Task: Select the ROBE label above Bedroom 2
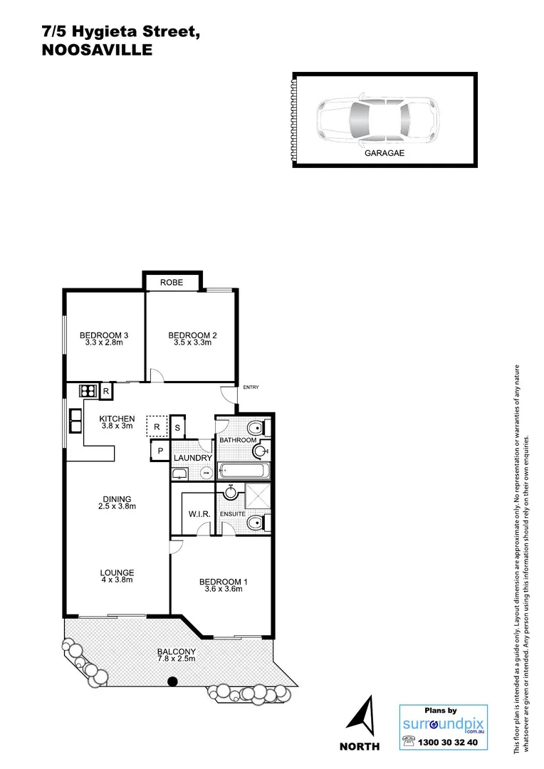tap(171, 283)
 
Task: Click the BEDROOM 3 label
tap(103, 335)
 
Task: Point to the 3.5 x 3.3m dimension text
tap(192, 343)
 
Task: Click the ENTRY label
tap(251, 387)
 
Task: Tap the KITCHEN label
tap(117, 419)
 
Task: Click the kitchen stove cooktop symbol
tap(87, 390)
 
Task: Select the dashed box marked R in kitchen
tap(157, 427)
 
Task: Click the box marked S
tap(178, 427)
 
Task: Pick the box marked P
tap(159, 451)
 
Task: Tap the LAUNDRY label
tap(192, 458)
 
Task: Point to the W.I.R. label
tap(197, 513)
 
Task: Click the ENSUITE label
tap(232, 513)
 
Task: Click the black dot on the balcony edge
tap(172, 682)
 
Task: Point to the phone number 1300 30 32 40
tap(450, 742)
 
